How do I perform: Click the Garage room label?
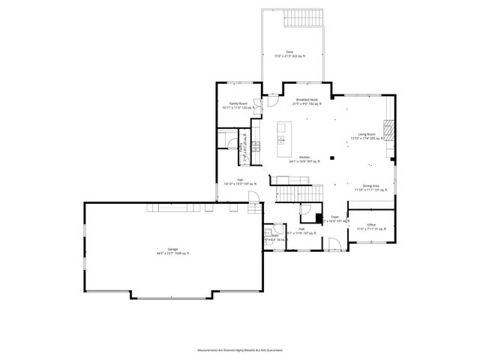(172, 249)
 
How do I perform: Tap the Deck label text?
(289, 51)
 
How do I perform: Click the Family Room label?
(238, 103)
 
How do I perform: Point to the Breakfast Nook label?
(306, 100)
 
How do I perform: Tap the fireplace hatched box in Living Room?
(387, 130)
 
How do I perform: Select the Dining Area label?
(370, 186)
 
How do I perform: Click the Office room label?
(371, 224)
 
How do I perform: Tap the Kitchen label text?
(304, 157)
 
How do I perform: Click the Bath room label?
(275, 235)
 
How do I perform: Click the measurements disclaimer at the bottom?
(240, 349)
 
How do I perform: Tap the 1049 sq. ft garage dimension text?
(172, 253)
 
